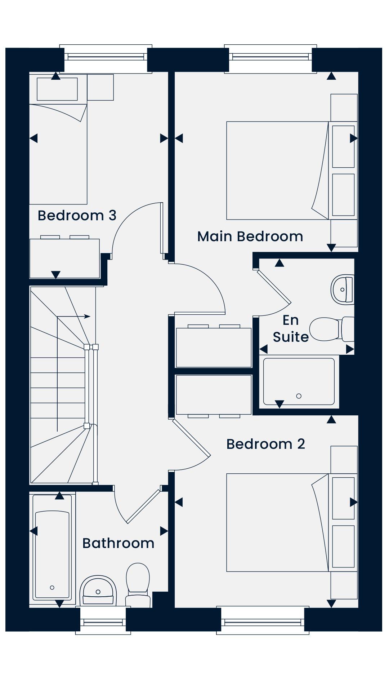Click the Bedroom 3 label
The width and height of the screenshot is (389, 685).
(77, 216)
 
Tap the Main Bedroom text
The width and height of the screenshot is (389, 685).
(250, 237)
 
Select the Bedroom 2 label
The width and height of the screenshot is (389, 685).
(266, 444)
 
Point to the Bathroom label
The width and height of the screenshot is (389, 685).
(118, 543)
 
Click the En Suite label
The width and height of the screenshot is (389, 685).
(291, 328)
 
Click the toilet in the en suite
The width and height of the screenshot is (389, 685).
(332, 329)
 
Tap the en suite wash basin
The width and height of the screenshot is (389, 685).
(343, 290)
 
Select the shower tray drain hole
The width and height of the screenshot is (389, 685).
(299, 396)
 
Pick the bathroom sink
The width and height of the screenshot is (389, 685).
(98, 590)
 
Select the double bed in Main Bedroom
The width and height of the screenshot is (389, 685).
(277, 171)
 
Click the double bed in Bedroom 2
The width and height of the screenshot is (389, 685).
(277, 522)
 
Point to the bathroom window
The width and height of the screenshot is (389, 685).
(103, 622)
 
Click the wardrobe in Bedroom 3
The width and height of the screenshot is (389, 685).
(64, 258)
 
